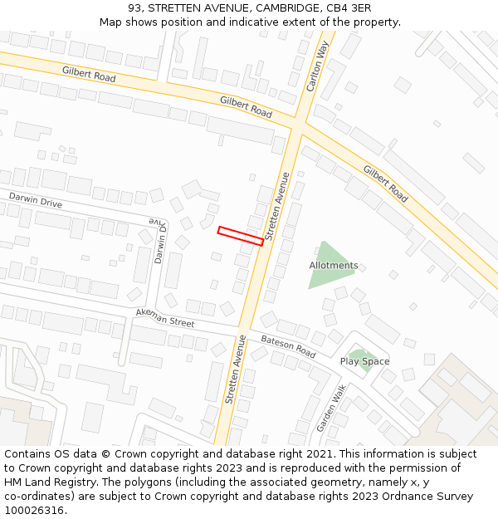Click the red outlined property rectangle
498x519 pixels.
(x=240, y=236)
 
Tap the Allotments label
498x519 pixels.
(x=334, y=266)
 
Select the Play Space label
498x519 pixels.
(x=364, y=361)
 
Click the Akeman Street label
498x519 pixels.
(x=164, y=318)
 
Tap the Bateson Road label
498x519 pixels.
(x=288, y=346)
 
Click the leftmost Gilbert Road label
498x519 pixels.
(x=88, y=75)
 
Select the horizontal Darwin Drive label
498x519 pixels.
(x=36, y=200)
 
